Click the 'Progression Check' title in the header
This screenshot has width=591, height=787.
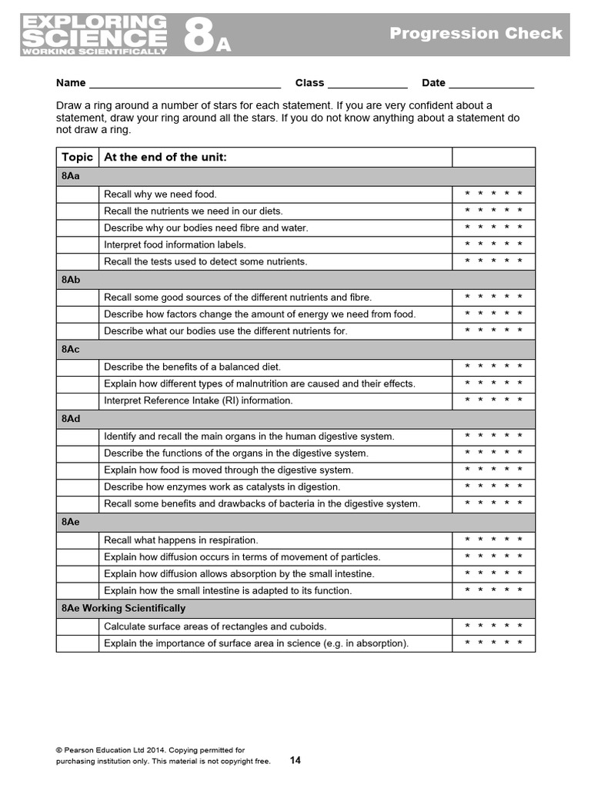pos(476,34)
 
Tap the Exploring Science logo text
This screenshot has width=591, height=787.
pos(94,35)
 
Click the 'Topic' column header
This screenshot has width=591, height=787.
pos(77,158)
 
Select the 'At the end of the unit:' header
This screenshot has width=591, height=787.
pos(165,158)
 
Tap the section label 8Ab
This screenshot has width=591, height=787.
pos(70,280)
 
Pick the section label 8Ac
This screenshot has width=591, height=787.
pos(70,349)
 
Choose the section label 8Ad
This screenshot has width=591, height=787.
pos(70,419)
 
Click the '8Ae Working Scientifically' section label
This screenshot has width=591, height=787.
pos(123,608)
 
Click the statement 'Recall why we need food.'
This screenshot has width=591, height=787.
pos(160,194)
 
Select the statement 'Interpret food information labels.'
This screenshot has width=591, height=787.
pos(175,245)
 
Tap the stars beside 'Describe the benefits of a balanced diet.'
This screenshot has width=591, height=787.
pos(493,367)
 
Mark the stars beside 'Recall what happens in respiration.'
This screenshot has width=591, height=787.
pos(493,540)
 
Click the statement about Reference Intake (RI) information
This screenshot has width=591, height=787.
pos(198,400)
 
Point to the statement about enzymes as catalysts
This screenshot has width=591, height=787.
pos(222,486)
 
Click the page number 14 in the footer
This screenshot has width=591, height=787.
pos(295,761)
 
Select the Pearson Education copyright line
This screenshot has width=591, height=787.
pos(150,750)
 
